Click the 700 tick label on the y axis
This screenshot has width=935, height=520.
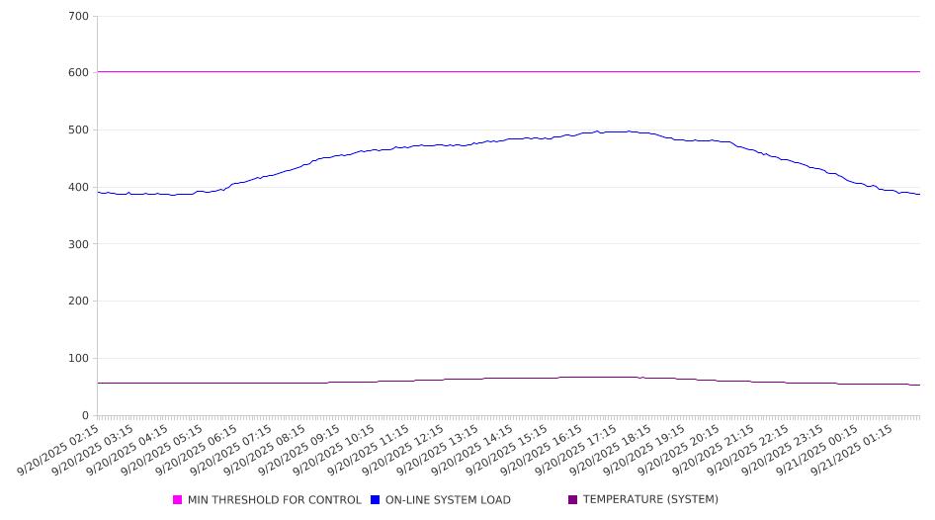point(79,17)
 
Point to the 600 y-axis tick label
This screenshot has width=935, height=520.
point(79,73)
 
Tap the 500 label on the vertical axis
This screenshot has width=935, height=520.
point(79,130)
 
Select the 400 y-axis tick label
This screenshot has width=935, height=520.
point(79,188)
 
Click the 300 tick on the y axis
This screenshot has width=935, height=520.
point(79,244)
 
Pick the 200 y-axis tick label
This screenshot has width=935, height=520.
point(79,302)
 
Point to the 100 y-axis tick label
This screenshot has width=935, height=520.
point(79,359)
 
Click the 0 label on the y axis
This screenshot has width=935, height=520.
point(85,416)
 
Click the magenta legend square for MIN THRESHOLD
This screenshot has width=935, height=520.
point(178,500)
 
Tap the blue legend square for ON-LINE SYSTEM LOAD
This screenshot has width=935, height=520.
point(376,500)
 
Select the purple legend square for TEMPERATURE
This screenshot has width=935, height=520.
point(573,500)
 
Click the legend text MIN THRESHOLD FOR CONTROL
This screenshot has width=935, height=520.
point(274,500)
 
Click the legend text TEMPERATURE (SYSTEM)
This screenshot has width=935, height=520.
point(650,500)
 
